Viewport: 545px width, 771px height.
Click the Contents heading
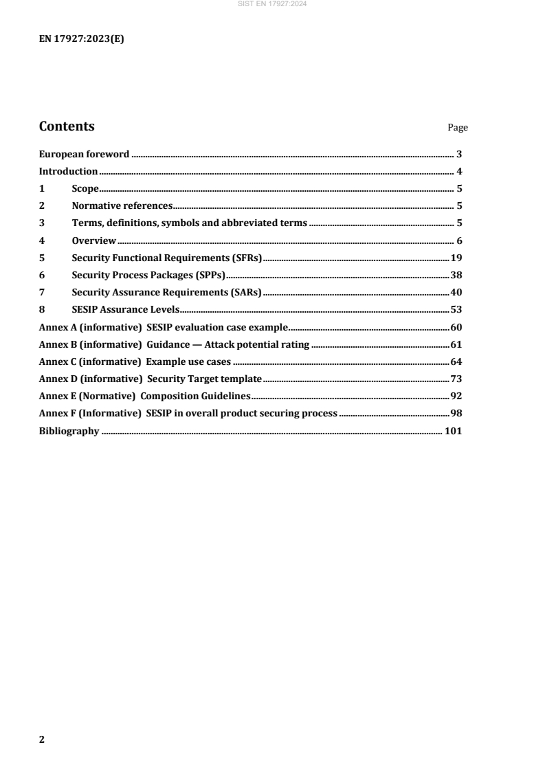pyautogui.click(x=67, y=126)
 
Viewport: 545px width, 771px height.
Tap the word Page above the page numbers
pyautogui.click(x=458, y=128)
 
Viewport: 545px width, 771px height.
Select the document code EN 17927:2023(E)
pyautogui.click(x=81, y=39)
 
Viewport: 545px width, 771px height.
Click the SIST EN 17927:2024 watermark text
pyautogui.click(x=272, y=4)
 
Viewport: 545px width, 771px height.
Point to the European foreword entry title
pyautogui.click(x=84, y=154)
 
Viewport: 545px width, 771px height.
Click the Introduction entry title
pyautogui.click(x=68, y=171)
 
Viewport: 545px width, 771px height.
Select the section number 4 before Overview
pyautogui.click(x=41, y=241)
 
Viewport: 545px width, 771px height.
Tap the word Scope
pyautogui.click(x=85, y=189)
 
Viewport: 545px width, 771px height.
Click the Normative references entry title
pyautogui.click(x=121, y=206)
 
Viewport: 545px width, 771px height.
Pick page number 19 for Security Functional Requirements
pyautogui.click(x=456, y=258)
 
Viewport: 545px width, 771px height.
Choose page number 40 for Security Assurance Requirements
pyautogui.click(x=456, y=292)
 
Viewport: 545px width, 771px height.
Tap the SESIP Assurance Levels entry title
pyautogui.click(x=126, y=310)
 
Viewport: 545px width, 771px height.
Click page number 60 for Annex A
pyautogui.click(x=456, y=327)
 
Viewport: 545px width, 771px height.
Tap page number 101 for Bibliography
pyautogui.click(x=454, y=432)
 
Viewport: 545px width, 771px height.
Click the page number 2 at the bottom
pyautogui.click(x=41, y=739)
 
